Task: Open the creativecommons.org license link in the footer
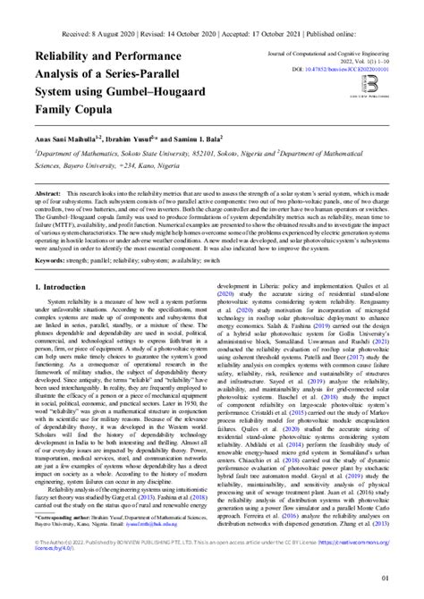tap(366, 544)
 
